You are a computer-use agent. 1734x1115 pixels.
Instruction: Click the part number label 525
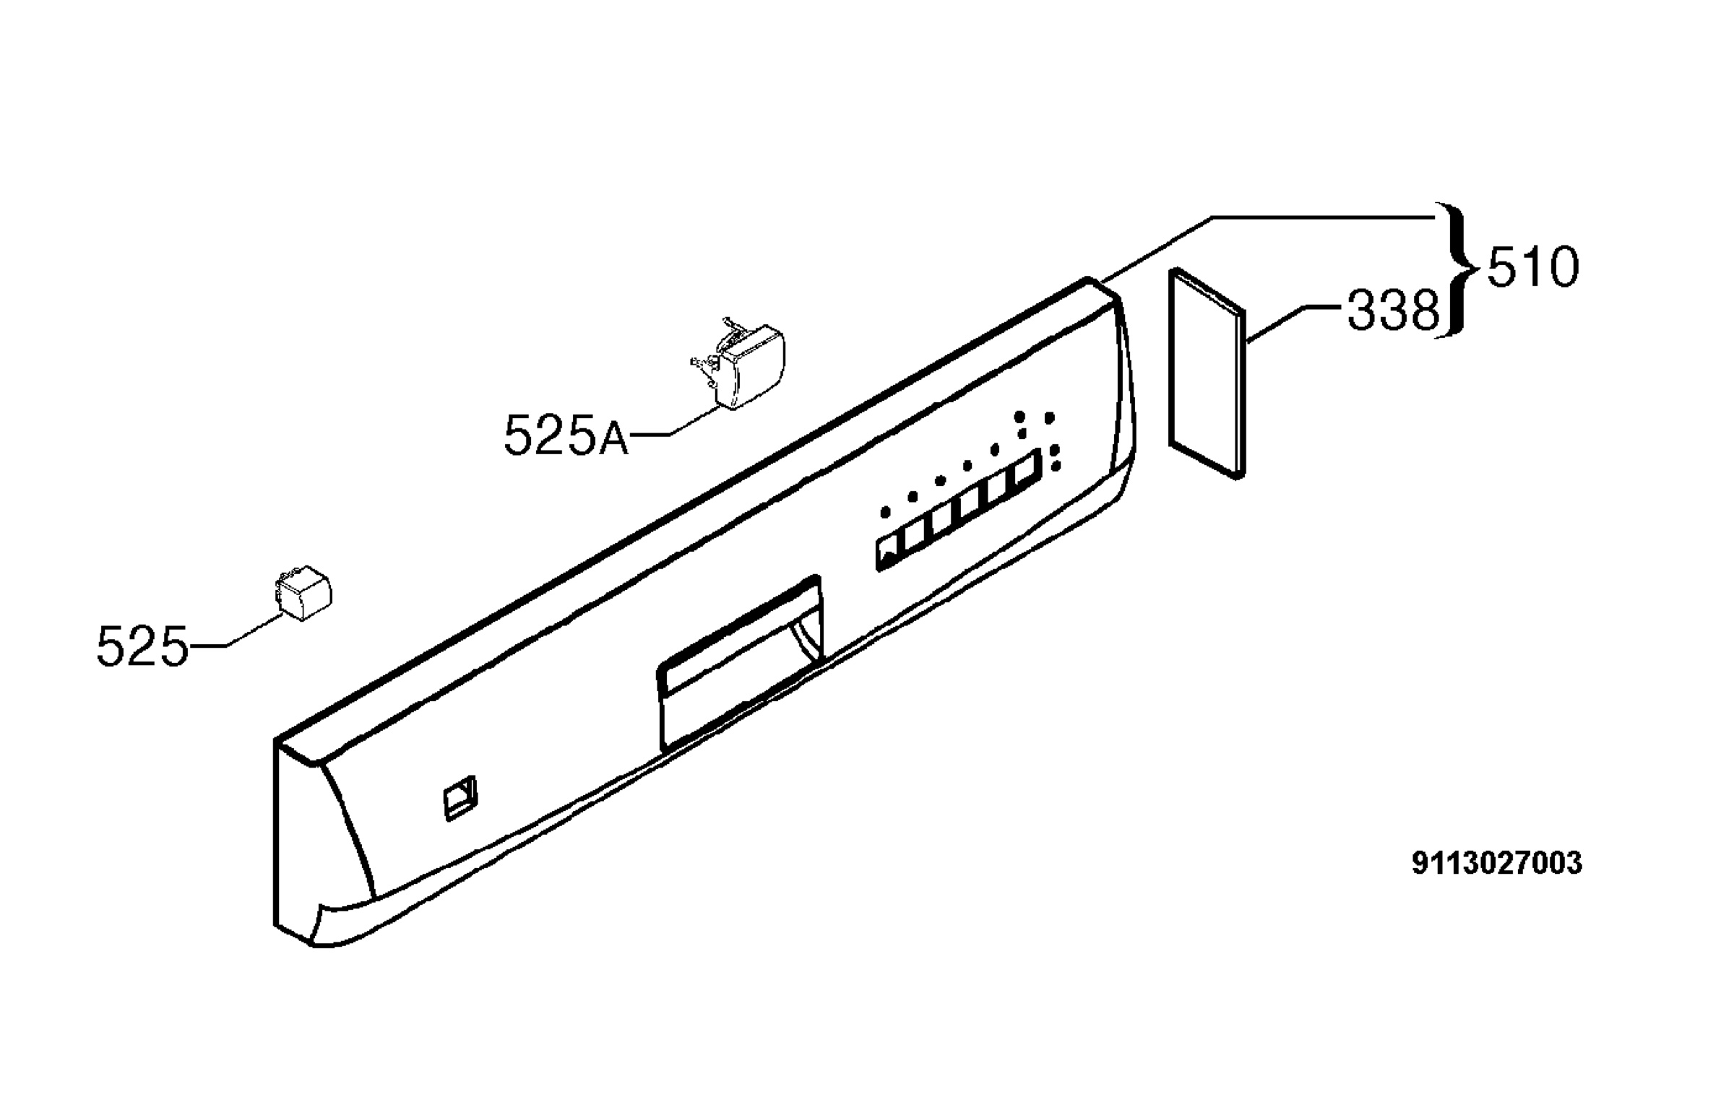point(142,646)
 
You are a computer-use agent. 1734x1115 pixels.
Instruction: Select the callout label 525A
point(566,436)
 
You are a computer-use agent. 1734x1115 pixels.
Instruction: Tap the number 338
point(1393,311)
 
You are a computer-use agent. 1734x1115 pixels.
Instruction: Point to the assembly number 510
point(1532,267)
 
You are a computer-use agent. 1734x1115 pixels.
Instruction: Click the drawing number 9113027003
point(1497,864)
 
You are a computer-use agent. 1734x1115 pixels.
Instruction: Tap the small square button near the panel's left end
point(460,799)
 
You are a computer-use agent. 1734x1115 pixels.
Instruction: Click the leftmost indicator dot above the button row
point(885,513)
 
